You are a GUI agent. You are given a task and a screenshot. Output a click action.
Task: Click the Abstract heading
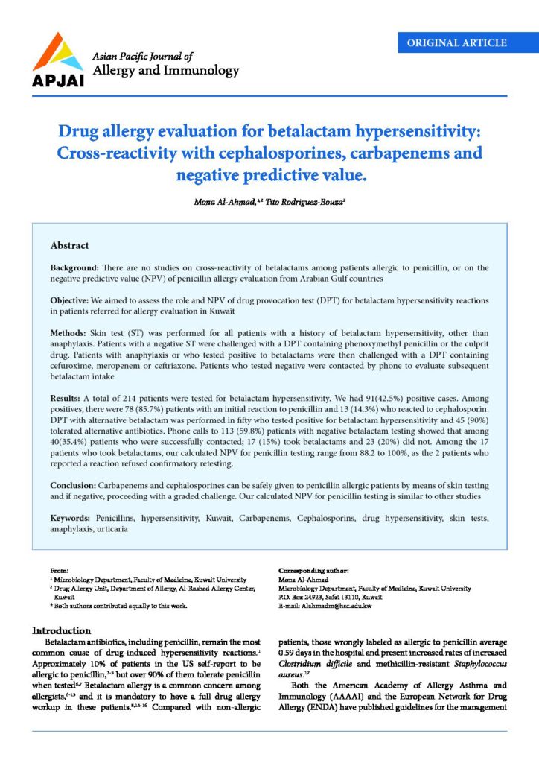69,245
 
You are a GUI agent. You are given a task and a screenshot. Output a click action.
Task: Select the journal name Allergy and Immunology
165,71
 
